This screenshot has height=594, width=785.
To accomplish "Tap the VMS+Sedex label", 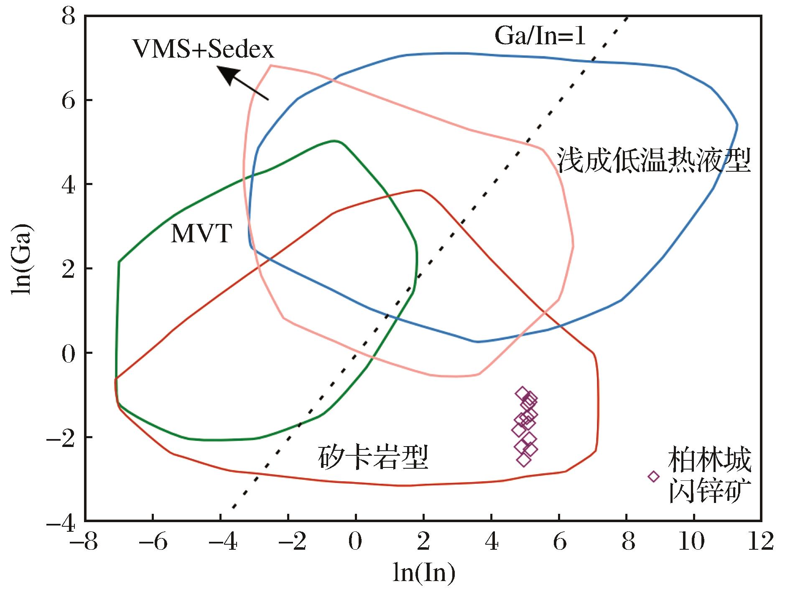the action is click(203, 49).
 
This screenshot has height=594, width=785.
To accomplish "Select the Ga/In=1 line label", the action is click(540, 36).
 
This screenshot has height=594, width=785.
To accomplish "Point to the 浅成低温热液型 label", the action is click(654, 160).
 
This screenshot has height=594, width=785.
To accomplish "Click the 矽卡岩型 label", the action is click(373, 457).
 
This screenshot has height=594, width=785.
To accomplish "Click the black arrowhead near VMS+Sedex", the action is click(228, 75).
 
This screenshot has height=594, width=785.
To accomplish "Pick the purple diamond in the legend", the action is click(654, 476).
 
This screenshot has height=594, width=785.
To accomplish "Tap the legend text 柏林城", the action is click(709, 460).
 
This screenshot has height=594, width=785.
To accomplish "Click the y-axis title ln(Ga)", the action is click(21, 259).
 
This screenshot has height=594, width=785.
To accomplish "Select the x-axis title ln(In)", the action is click(424, 572).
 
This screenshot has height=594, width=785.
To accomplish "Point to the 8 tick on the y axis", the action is click(69, 16).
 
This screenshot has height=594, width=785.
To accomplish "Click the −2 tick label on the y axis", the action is click(61, 437).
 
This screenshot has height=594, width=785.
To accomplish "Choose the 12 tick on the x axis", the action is click(761, 541).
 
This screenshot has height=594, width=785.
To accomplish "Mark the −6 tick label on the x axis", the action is click(153, 541).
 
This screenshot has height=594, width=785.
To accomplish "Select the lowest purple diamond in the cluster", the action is click(524, 460).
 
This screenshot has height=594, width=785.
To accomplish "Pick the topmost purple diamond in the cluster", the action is click(522, 393).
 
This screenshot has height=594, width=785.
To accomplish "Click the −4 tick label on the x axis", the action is click(221, 541).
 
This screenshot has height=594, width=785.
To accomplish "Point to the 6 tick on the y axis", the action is click(69, 100).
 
